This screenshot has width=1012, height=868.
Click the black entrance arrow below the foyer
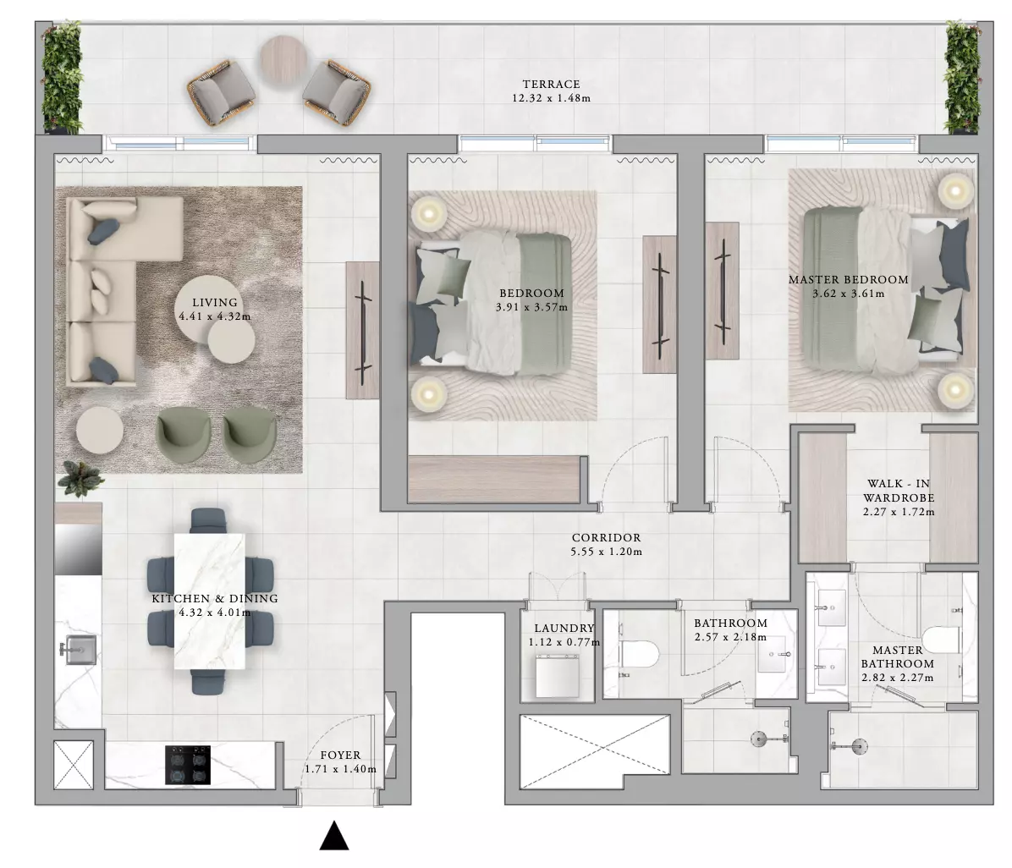334,836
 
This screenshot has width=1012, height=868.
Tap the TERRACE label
551,84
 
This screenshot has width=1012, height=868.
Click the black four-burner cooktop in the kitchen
188,766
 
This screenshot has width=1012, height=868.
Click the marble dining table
209,602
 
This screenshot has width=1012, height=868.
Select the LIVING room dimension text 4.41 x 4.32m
215,317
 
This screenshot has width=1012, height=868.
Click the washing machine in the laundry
558,675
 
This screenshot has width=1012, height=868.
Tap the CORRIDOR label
606,537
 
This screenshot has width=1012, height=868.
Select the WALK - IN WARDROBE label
899,491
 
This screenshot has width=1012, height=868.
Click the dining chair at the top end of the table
209,520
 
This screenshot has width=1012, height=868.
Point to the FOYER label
341,755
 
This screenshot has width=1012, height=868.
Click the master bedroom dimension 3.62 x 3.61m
849,294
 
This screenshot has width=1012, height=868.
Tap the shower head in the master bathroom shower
858,746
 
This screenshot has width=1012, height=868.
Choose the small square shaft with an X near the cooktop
73,765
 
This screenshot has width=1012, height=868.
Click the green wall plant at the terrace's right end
962,78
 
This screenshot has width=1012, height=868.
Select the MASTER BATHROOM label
898,657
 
